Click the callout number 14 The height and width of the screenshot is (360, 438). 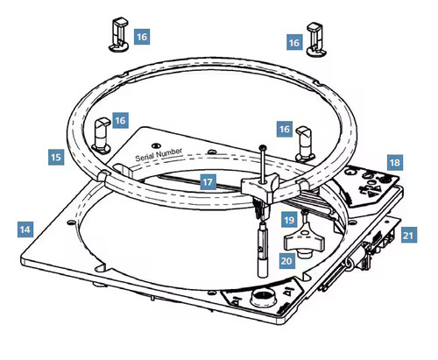[x=25, y=229]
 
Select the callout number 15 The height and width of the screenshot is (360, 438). [x=56, y=157]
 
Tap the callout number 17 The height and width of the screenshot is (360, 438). [x=208, y=182]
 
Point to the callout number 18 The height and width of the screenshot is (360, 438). [x=395, y=162]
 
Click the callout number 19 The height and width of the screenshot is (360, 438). [x=289, y=220]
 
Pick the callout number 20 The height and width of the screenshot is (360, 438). [x=286, y=260]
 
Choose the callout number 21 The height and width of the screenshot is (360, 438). [x=409, y=235]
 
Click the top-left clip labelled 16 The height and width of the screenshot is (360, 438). [x=119, y=35]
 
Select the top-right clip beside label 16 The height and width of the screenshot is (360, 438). [x=316, y=39]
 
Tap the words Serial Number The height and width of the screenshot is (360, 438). [x=159, y=154]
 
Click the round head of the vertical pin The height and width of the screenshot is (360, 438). [x=263, y=147]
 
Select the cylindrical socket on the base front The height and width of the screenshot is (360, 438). [x=263, y=297]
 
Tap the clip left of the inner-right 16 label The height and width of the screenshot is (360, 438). [x=306, y=144]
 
